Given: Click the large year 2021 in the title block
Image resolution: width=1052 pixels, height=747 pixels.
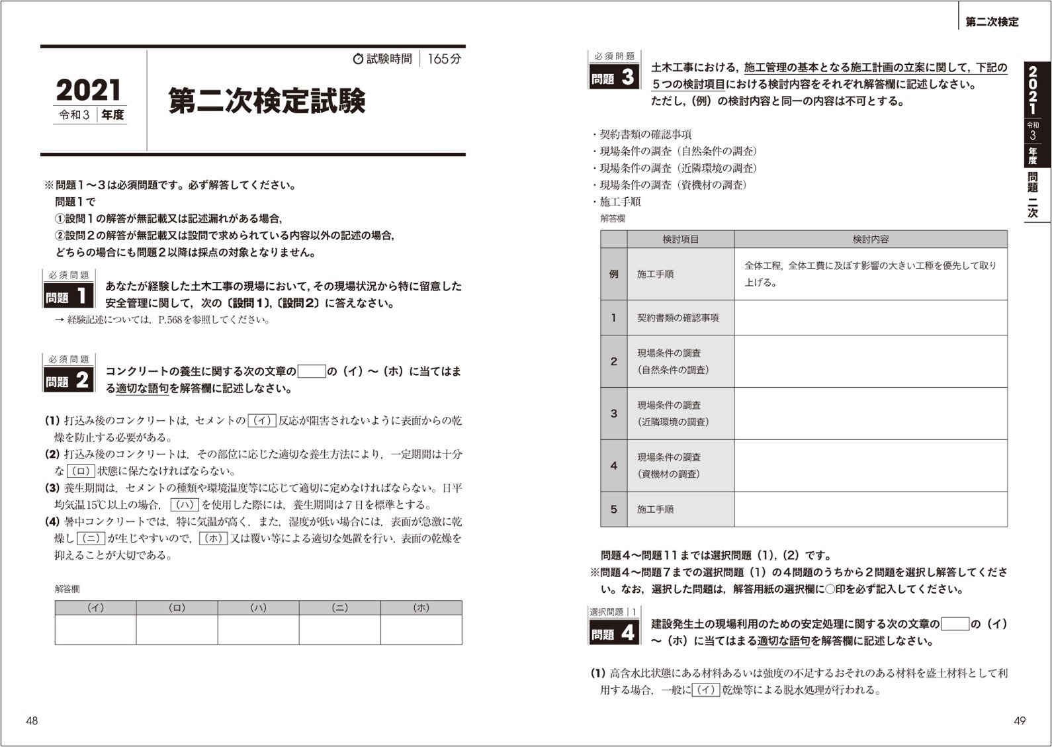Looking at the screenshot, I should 89,90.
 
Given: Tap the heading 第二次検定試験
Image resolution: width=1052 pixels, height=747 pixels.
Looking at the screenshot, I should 267,101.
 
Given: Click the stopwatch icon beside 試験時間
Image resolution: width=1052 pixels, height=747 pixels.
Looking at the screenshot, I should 358,59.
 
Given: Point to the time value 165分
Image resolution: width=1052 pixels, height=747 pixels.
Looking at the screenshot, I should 444,59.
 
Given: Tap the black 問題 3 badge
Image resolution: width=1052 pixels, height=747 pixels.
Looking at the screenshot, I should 613,77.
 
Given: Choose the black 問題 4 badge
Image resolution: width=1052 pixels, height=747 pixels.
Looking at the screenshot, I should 613,633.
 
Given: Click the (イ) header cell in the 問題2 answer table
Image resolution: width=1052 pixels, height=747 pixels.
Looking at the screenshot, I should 95,607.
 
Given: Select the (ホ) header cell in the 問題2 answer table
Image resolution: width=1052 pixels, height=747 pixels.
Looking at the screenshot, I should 421,607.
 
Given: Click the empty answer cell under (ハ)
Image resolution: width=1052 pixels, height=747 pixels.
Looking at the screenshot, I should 258,629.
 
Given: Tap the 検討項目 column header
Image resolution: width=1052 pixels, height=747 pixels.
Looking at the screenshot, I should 680,239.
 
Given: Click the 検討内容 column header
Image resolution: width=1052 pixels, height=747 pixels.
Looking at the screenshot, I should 870,239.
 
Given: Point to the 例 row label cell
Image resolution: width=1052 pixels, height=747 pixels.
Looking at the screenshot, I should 613,274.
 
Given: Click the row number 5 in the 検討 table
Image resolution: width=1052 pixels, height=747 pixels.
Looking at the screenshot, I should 613,509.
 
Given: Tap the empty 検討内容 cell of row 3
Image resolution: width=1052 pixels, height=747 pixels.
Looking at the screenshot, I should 870,414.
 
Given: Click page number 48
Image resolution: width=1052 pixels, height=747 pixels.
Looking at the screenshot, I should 32,721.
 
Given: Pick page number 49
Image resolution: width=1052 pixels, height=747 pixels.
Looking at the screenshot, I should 1019,721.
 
